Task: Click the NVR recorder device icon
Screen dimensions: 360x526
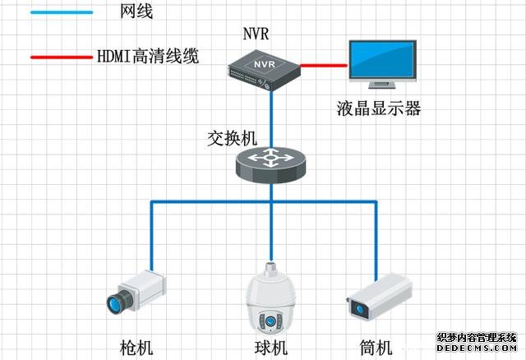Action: (x=264, y=67)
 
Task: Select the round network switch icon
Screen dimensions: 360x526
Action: (x=271, y=163)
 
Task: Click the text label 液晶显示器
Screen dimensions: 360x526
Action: (x=379, y=107)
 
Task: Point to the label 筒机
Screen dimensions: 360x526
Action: (x=378, y=347)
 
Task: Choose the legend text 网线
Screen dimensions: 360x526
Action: (x=136, y=12)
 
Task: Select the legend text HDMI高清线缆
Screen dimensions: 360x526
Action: (x=149, y=58)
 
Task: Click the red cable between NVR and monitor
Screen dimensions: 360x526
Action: (x=324, y=63)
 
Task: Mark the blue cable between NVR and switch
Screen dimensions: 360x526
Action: (x=271, y=115)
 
